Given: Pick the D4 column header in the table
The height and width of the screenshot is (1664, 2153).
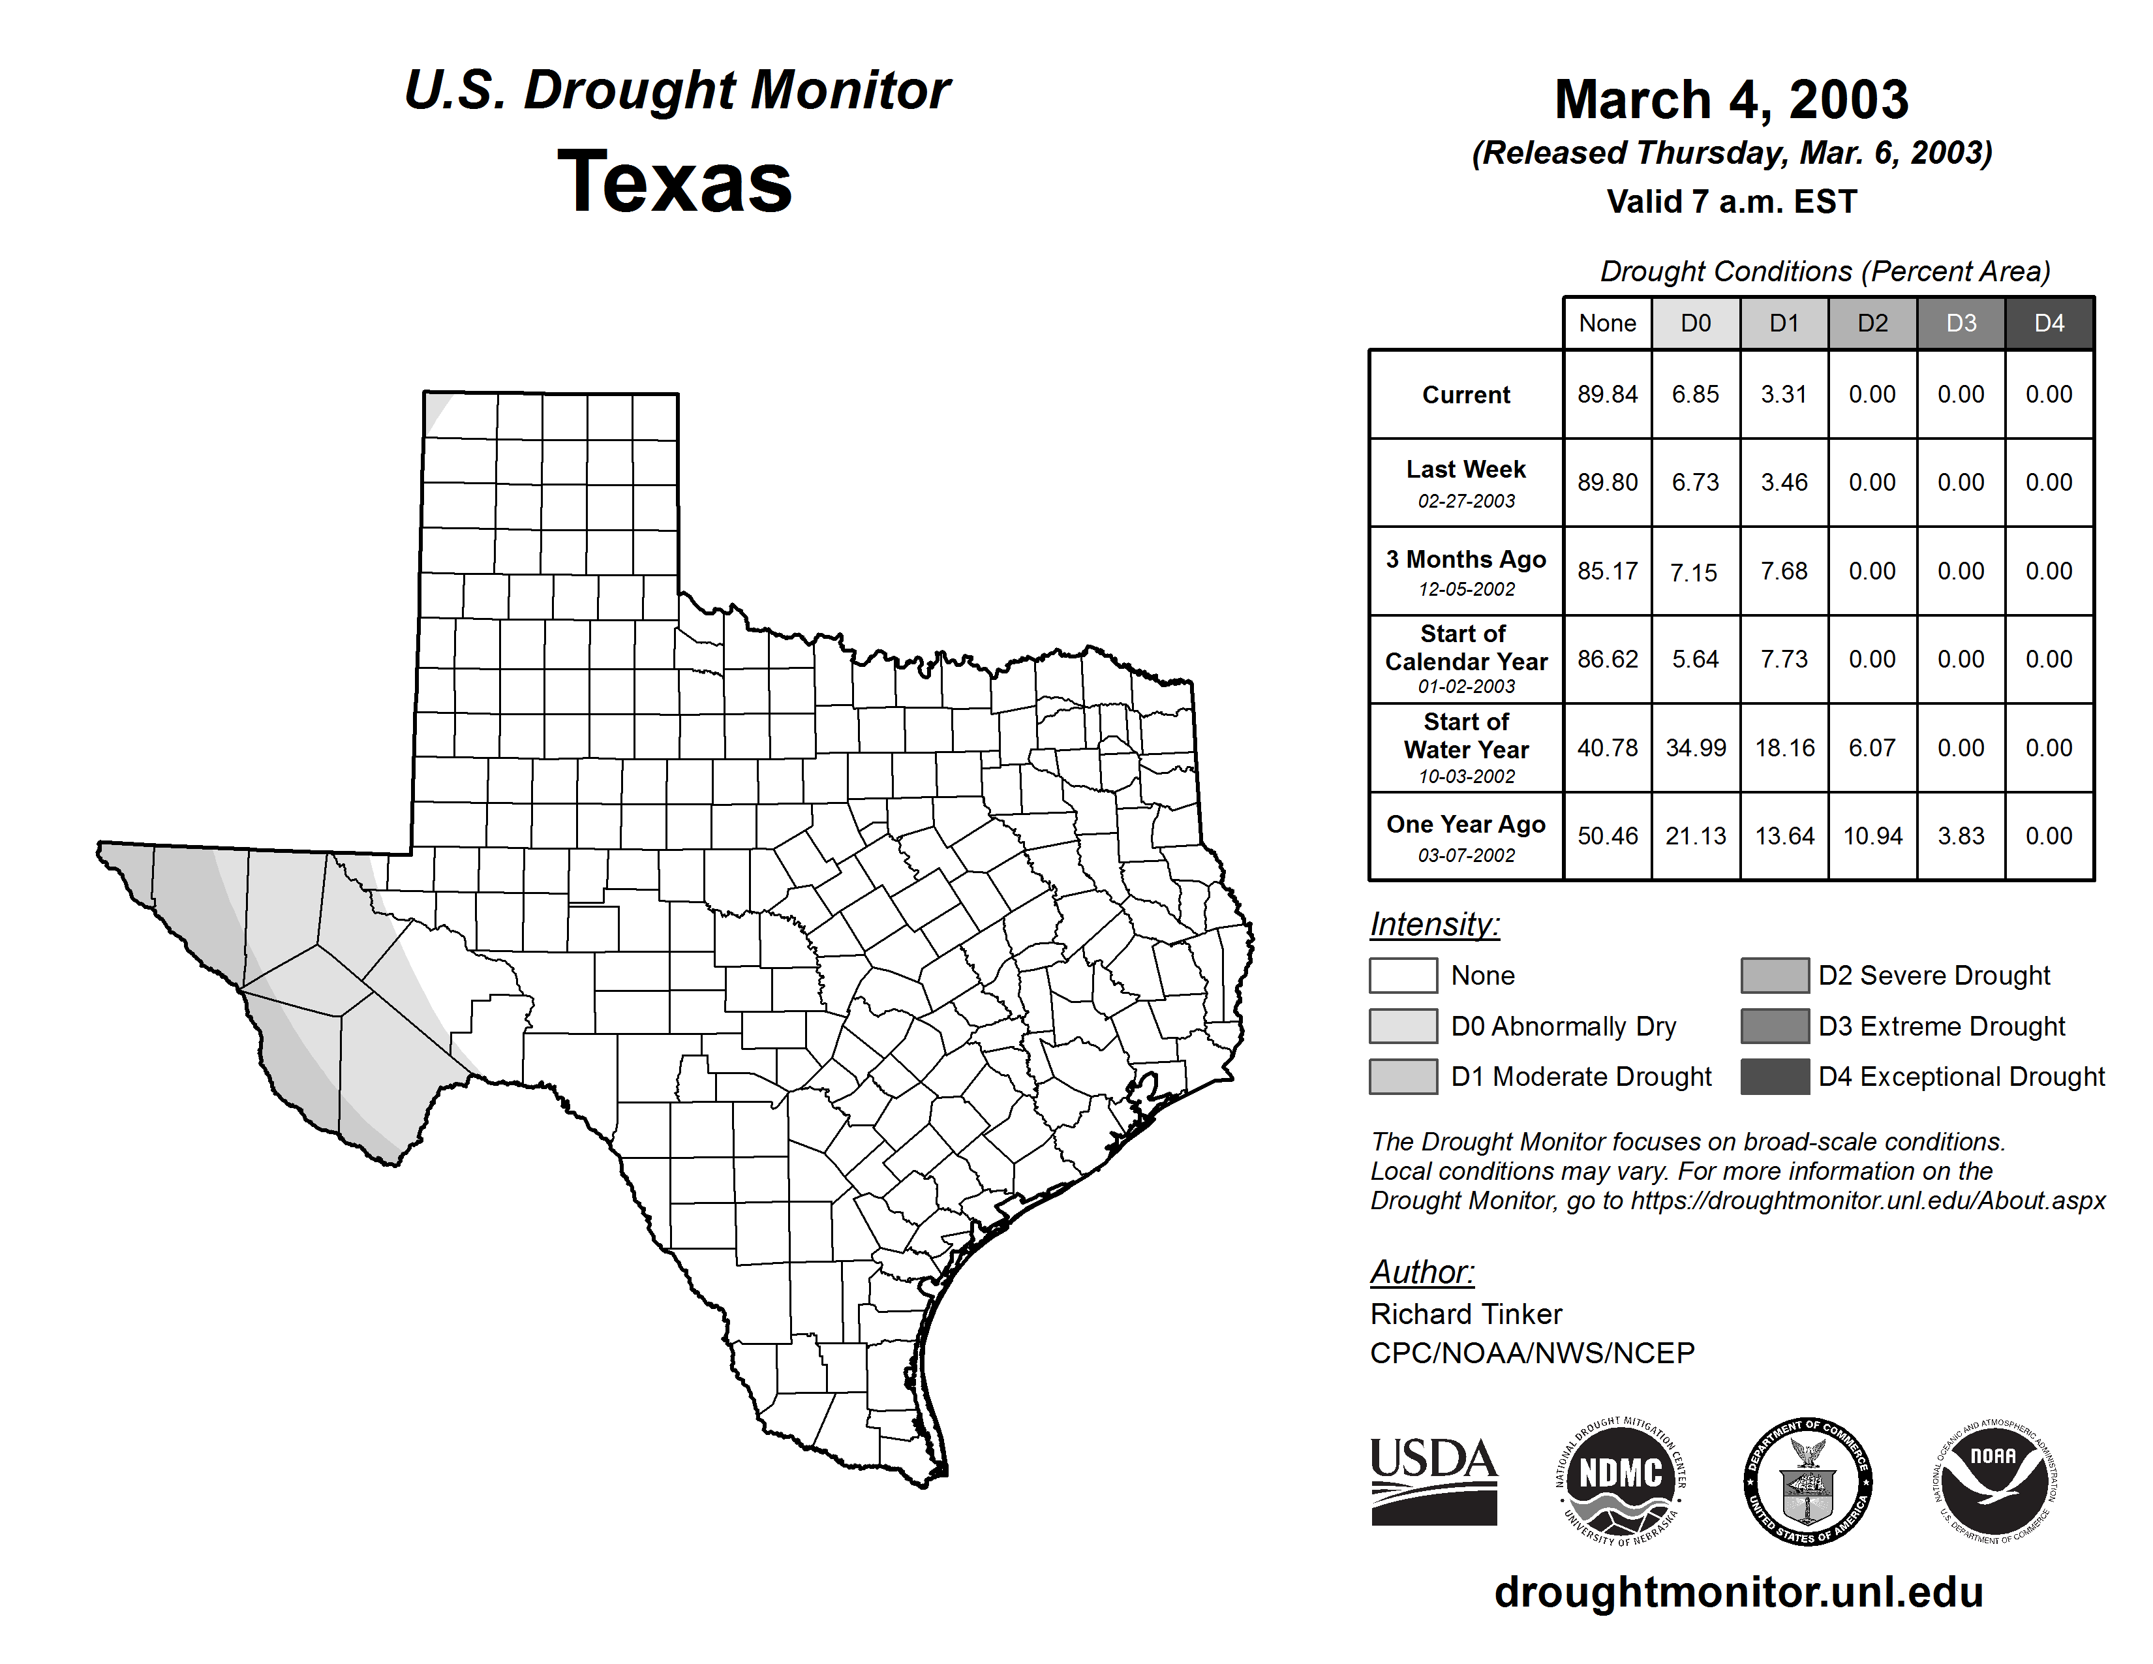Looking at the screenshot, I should coord(2049,323).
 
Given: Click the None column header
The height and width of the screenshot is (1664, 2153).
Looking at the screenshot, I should coord(1607,323).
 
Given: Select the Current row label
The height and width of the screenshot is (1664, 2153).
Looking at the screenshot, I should coord(1466,394).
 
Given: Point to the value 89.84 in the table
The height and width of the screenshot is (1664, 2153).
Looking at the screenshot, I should coord(1607,394).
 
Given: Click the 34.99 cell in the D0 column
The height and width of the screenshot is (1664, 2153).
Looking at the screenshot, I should coord(1696,748).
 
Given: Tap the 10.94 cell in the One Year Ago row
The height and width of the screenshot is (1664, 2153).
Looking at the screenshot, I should coord(1872,836).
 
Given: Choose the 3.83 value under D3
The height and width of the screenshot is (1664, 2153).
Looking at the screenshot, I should coord(1961,836).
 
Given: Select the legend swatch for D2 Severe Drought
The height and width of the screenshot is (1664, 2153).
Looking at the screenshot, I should coord(1775,975).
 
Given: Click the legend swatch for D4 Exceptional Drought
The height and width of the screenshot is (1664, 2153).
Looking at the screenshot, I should coord(1775,1077).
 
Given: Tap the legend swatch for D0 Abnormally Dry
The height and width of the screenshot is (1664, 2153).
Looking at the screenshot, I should coord(1403,1025).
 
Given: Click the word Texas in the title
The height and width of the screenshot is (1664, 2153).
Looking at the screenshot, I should coord(675,181).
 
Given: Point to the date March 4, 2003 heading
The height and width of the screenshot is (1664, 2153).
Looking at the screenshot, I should coord(1731,100).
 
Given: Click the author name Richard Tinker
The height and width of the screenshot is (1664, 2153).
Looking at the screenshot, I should coord(1466,1314).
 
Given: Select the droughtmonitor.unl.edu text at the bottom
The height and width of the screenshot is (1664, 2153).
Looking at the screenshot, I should coord(1739,1592).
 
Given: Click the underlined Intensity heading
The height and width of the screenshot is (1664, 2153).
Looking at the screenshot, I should coord(1434,925).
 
